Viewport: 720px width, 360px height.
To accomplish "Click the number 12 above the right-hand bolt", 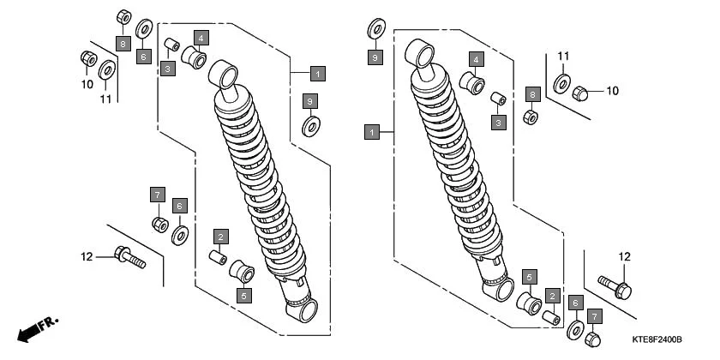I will [624, 256].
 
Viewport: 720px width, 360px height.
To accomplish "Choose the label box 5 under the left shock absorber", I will [244, 296].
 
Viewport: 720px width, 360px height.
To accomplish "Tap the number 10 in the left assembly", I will [87, 84].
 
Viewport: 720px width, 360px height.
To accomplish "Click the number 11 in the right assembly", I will [563, 57].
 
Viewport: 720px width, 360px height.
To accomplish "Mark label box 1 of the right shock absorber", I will [371, 133].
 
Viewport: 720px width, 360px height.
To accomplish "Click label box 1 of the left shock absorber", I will [317, 74].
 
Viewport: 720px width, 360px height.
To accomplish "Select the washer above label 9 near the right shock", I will [375, 31].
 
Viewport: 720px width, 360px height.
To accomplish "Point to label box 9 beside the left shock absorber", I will [309, 103].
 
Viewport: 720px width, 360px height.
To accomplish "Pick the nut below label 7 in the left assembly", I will [159, 225].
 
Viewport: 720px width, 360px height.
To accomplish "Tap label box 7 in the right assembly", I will [593, 317].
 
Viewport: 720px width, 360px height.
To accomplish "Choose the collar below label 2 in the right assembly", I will [552, 317].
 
